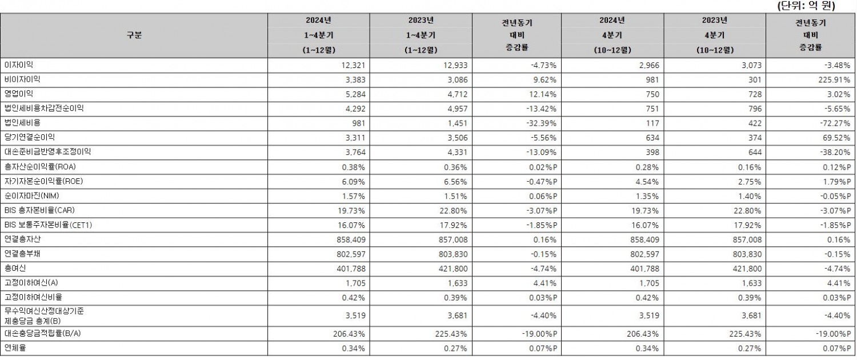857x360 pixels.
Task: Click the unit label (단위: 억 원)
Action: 806,6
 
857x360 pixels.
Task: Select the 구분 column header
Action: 134,35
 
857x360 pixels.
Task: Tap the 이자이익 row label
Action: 18,65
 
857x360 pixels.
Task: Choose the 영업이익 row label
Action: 18,94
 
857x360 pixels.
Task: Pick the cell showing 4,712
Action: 456,94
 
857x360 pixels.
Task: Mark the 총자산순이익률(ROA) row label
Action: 39,167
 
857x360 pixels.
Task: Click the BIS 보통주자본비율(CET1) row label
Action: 48,225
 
